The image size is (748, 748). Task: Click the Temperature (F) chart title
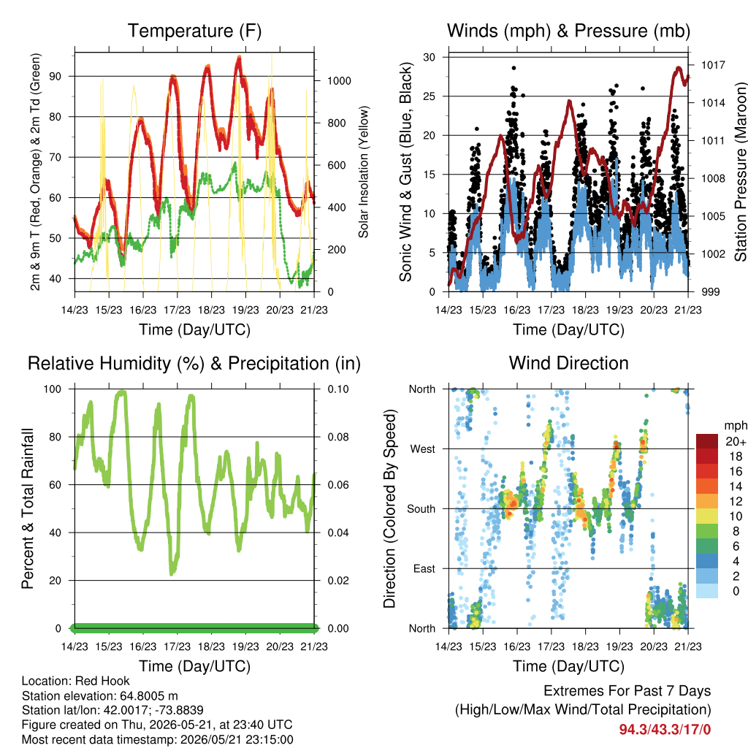coord(194,31)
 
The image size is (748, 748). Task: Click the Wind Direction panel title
coord(568,363)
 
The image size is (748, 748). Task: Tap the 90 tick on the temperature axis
coord(56,76)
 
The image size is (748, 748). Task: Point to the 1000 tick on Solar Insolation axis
coord(339,81)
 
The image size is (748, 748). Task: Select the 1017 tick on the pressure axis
coord(713,65)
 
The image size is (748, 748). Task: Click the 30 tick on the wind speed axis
coord(430,57)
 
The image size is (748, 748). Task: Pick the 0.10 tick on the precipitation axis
coord(338,389)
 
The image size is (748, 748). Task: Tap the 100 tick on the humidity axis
coord(53,389)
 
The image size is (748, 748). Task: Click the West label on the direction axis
coord(423,449)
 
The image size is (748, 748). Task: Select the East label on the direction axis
coord(424,568)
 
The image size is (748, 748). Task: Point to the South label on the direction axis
coord(421,509)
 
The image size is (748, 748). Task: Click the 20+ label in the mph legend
coord(736,442)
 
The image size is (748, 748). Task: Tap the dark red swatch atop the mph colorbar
coord(707,441)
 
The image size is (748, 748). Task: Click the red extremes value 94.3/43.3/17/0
coord(665,730)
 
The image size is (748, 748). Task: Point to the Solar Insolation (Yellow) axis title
coord(364,172)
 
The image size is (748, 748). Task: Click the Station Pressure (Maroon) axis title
coord(741,172)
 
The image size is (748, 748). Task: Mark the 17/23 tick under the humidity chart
coord(177,647)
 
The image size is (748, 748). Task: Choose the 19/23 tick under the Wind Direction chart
coord(619,647)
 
